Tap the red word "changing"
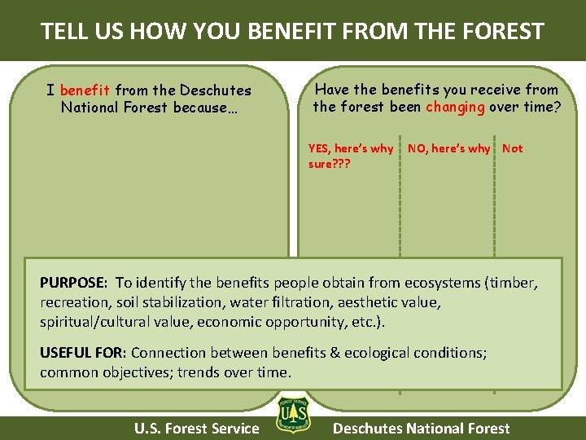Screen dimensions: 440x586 pos(455,107)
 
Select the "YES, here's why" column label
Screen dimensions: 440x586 pos(350,148)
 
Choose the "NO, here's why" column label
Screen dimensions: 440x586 pos(448,148)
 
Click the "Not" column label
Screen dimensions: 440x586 pos(513,148)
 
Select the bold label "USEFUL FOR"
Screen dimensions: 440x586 pos(82,353)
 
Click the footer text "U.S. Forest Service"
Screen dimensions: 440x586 pos(197,429)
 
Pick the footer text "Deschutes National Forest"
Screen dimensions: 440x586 pos(422,429)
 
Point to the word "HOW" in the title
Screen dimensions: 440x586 pos(168,32)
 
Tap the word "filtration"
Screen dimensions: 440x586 pos(302,302)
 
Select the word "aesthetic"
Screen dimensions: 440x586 pos(369,302)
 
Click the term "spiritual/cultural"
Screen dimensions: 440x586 pos(94,322)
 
